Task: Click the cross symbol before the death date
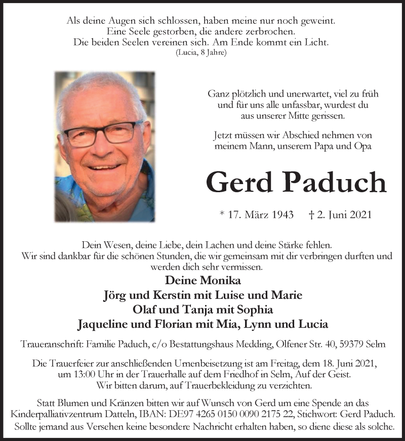pyautogui.click(x=311, y=214)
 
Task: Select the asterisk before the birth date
pyautogui.click(x=222, y=214)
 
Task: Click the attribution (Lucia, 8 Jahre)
pyautogui.click(x=201, y=52)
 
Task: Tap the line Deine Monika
pyautogui.click(x=202, y=281)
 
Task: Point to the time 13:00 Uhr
pyautogui.click(x=75, y=375)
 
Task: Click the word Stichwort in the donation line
pyautogui.click(x=320, y=413)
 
